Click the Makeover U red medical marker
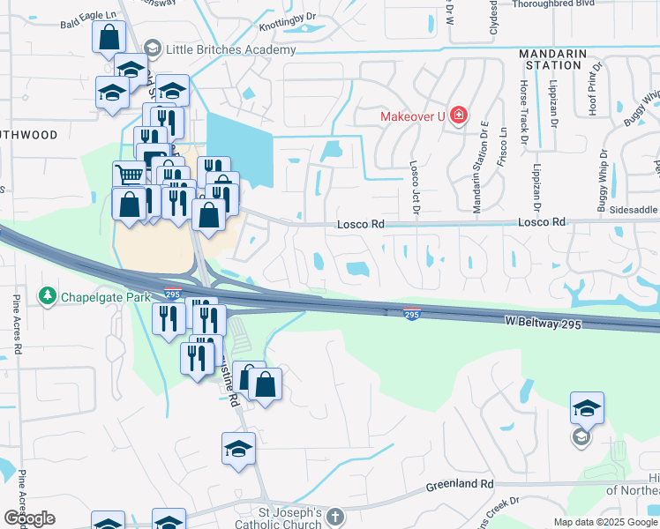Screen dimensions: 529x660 [458, 115]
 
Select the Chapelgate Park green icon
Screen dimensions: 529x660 [47, 297]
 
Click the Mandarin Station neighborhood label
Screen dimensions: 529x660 [554, 59]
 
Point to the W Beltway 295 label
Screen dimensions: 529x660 [544, 325]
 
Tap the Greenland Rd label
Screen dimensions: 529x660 [461, 485]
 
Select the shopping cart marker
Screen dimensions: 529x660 [130, 175]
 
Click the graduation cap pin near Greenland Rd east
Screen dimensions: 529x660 [587, 408]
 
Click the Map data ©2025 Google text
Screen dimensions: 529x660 [604, 522]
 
